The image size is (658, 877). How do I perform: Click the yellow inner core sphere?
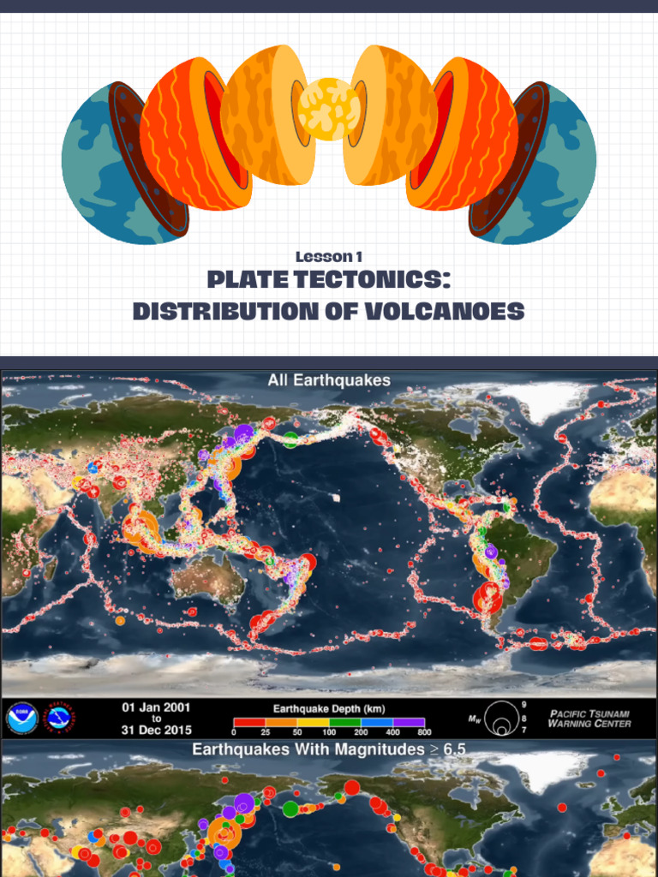pyautogui.click(x=329, y=109)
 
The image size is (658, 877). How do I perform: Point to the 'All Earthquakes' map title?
pyautogui.click(x=329, y=380)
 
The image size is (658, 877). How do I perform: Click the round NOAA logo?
pyautogui.click(x=21, y=718)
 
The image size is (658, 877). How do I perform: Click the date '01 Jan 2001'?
pyautogui.click(x=156, y=707)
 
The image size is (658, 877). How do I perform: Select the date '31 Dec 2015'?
pyautogui.click(x=156, y=730)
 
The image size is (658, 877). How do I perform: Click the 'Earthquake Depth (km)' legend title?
pyautogui.click(x=328, y=708)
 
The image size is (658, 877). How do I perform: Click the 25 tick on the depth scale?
pyautogui.click(x=266, y=733)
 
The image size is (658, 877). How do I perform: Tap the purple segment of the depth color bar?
pyautogui.click(x=407, y=722)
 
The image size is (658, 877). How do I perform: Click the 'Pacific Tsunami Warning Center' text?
pyautogui.click(x=589, y=718)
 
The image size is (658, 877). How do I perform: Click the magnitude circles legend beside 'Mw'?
pyautogui.click(x=500, y=719)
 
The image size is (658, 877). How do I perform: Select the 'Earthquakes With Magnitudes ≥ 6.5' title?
pyautogui.click(x=329, y=749)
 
